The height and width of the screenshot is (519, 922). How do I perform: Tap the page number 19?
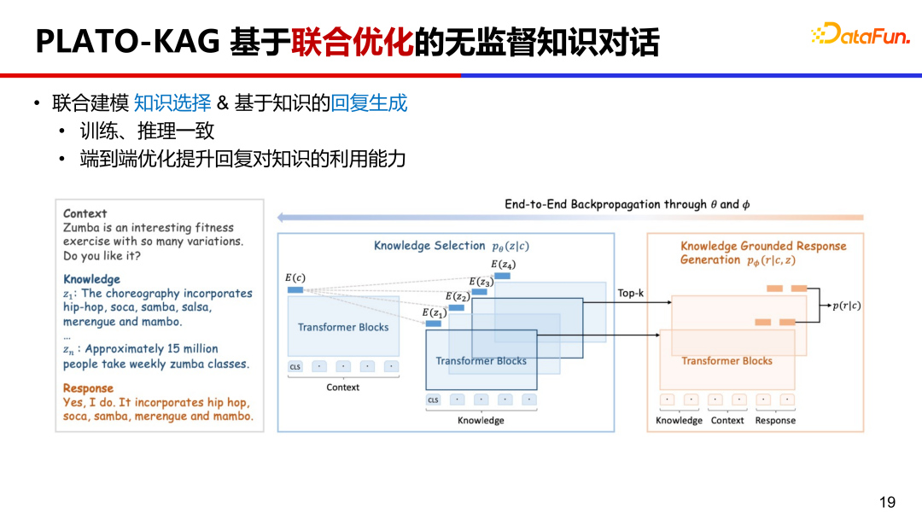[888, 502]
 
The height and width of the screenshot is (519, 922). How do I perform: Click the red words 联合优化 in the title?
[352, 41]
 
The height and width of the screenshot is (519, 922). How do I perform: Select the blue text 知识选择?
[172, 103]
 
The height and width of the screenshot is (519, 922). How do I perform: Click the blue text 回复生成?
[369, 103]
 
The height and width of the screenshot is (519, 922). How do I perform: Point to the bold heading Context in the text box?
[85, 213]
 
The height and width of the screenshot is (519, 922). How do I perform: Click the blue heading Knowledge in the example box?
[91, 279]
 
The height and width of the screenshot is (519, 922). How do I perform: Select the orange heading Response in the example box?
[88, 388]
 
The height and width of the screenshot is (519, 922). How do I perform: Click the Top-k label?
[630, 293]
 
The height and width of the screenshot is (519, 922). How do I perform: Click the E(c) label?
[295, 277]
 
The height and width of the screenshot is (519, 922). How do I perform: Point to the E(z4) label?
[503, 265]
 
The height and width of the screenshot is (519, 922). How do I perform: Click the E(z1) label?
[434, 313]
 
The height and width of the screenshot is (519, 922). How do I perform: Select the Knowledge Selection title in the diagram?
[429, 246]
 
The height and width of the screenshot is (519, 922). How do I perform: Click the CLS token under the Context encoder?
[295, 367]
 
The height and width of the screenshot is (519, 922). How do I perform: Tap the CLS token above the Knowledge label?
[434, 399]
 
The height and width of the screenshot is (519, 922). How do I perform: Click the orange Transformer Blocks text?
[727, 361]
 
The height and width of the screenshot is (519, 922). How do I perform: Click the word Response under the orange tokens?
[775, 420]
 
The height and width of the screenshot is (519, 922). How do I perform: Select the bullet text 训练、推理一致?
[147, 131]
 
